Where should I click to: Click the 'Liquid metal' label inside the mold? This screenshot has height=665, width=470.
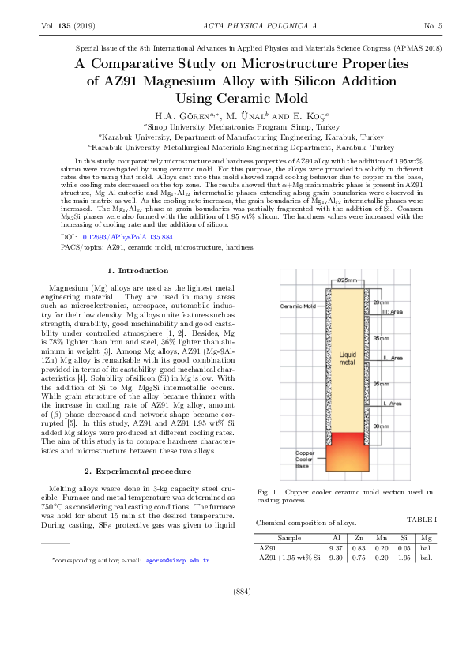(x=348, y=381)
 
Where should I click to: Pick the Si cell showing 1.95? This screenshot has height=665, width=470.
(x=404, y=558)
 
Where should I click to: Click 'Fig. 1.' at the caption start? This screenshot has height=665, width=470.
(x=269, y=491)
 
